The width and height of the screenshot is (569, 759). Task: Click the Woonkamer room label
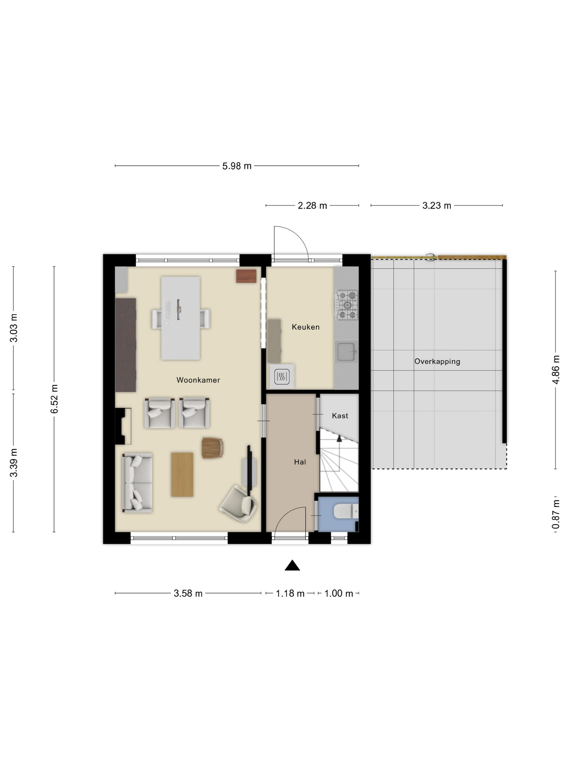[x=198, y=380]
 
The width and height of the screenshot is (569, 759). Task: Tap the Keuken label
[x=305, y=327]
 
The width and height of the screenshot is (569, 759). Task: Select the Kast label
[x=340, y=416]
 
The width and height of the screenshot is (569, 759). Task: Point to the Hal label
[x=300, y=462]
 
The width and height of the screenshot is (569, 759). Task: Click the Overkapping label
[x=437, y=361]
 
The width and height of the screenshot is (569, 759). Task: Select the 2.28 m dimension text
[x=312, y=205]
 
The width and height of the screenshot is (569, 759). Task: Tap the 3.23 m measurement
[x=436, y=205]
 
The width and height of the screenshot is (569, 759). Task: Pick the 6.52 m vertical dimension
[x=54, y=399]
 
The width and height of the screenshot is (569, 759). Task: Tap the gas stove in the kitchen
[x=346, y=305]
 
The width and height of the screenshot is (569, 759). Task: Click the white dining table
[x=180, y=318]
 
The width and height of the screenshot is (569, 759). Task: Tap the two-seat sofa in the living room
[x=137, y=483]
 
